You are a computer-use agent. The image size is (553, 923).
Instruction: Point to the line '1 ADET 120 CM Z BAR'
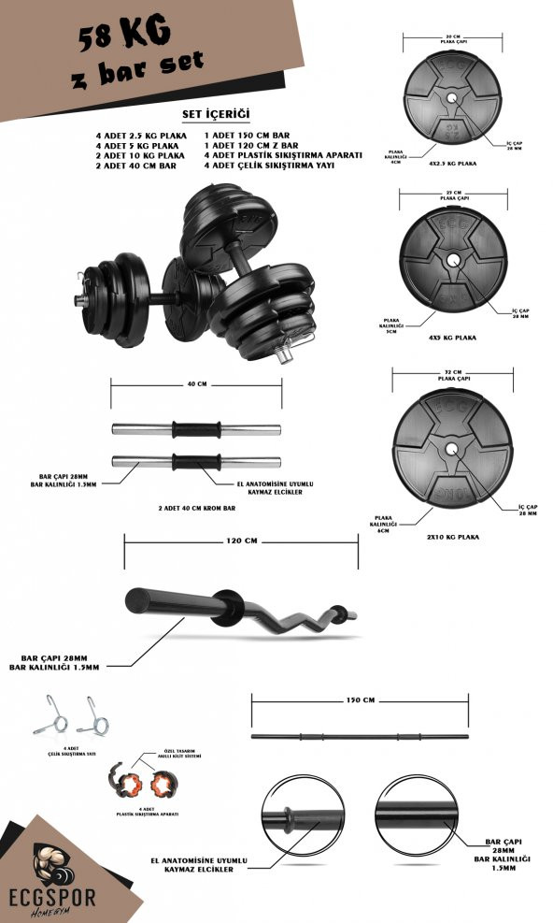click(250, 146)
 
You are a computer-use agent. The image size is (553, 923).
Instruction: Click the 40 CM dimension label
click(197, 383)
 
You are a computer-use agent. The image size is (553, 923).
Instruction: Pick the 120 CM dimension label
click(240, 541)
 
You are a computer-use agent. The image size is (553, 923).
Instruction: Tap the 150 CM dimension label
click(360, 699)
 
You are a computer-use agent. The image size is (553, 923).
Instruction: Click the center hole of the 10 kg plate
click(454, 448)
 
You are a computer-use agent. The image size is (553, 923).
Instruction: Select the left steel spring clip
click(49, 715)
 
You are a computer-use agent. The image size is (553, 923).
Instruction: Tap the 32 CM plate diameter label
click(453, 373)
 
